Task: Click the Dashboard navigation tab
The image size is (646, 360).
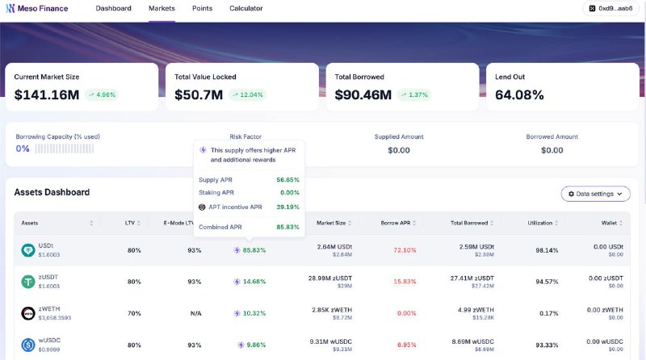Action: click(x=113, y=8)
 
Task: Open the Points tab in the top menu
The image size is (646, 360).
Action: click(x=203, y=8)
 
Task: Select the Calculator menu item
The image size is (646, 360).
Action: click(x=245, y=8)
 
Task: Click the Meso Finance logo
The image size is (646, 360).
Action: click(x=37, y=8)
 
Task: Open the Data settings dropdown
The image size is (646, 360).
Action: click(x=595, y=194)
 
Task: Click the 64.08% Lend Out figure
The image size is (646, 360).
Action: click(x=519, y=94)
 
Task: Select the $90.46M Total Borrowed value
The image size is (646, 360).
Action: click(x=363, y=94)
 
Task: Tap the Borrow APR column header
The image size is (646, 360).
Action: click(x=396, y=223)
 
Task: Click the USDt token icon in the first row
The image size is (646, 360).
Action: click(x=28, y=250)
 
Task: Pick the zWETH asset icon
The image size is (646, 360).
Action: click(x=28, y=312)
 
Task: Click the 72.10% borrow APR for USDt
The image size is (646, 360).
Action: click(x=405, y=250)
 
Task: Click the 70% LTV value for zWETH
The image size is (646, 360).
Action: click(x=134, y=312)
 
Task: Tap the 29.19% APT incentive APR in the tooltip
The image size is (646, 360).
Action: click(x=287, y=207)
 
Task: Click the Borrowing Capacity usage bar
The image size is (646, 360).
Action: click(x=64, y=149)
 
